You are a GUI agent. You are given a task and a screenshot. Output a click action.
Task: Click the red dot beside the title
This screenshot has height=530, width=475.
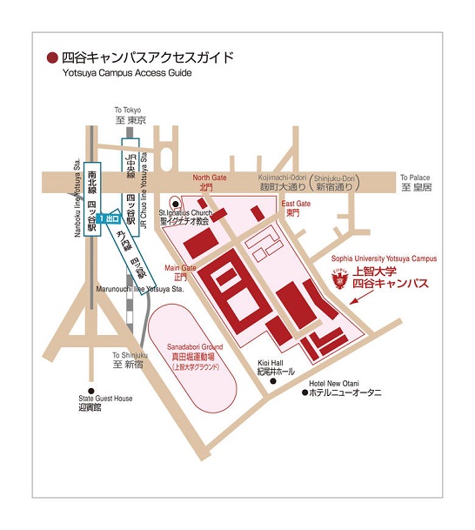[x=52, y=58]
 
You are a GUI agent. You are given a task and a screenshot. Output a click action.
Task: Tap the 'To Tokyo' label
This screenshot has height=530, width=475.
[x=128, y=110]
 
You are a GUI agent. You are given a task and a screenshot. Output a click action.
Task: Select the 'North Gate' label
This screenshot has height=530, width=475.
[x=209, y=177]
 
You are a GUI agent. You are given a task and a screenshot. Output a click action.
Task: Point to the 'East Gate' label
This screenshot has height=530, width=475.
[x=295, y=202]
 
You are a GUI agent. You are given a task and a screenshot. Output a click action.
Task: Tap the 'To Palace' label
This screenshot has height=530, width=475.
[x=416, y=176]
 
